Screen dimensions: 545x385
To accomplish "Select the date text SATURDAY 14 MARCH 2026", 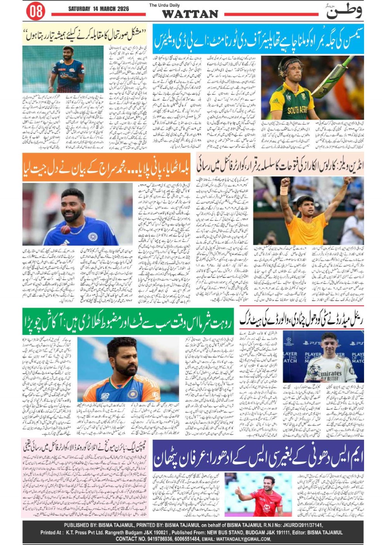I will (98, 9).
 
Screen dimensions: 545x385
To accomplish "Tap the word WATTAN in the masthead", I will (190, 14).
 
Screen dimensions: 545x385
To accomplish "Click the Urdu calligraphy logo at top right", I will (343, 11).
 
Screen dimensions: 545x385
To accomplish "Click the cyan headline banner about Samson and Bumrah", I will (258, 39).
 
